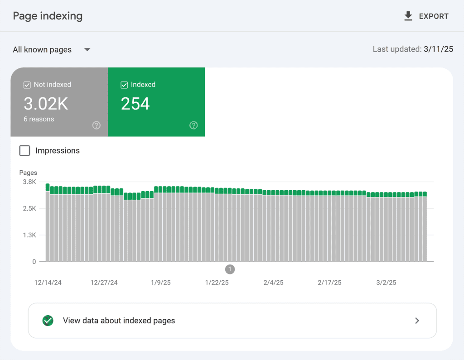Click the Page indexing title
(x=48, y=16)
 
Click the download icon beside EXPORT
(x=408, y=16)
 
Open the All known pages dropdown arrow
(x=87, y=49)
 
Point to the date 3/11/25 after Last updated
(x=439, y=49)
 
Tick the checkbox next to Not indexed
(x=27, y=85)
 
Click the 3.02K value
(x=46, y=104)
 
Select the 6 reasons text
(x=39, y=119)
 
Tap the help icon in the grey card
(x=96, y=125)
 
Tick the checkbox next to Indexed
(x=124, y=85)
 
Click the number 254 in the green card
(x=135, y=104)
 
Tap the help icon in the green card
(x=193, y=125)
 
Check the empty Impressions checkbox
(x=24, y=151)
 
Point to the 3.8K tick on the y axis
(x=29, y=182)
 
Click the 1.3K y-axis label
(x=29, y=235)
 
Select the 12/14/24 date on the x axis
(x=48, y=283)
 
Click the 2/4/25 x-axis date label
(x=273, y=283)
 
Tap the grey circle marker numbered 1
(x=230, y=269)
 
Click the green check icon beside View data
(x=48, y=321)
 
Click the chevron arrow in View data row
(x=417, y=321)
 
